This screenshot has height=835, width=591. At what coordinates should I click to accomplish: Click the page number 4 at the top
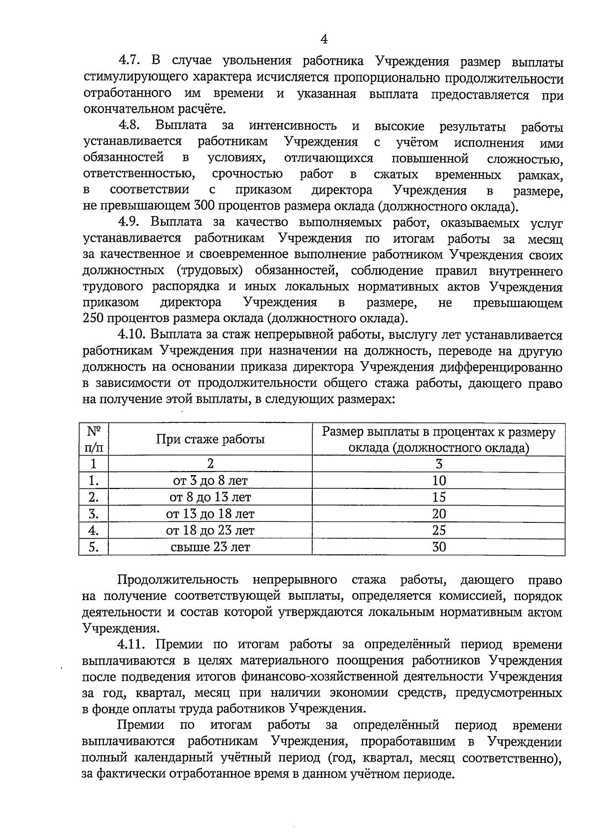coord(324,39)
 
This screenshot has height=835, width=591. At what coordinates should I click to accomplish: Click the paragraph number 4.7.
coord(130,62)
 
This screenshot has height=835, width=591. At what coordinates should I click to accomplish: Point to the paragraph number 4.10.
coord(133,335)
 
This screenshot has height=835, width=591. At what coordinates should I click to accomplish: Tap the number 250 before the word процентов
coord(95,319)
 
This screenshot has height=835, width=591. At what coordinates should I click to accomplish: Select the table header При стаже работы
coord(210,439)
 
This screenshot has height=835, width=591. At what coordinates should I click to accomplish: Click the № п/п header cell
coord(94,439)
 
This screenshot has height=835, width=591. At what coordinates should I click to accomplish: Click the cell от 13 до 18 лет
coord(210,514)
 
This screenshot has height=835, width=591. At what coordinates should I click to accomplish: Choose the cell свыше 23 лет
coord(210,547)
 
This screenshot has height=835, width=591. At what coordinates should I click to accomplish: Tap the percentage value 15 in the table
coord(438,497)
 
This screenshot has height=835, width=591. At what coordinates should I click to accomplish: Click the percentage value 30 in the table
coord(438,547)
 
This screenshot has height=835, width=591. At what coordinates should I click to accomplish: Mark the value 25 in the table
coord(438,530)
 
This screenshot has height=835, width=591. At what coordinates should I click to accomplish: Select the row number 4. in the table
coord(94,530)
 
